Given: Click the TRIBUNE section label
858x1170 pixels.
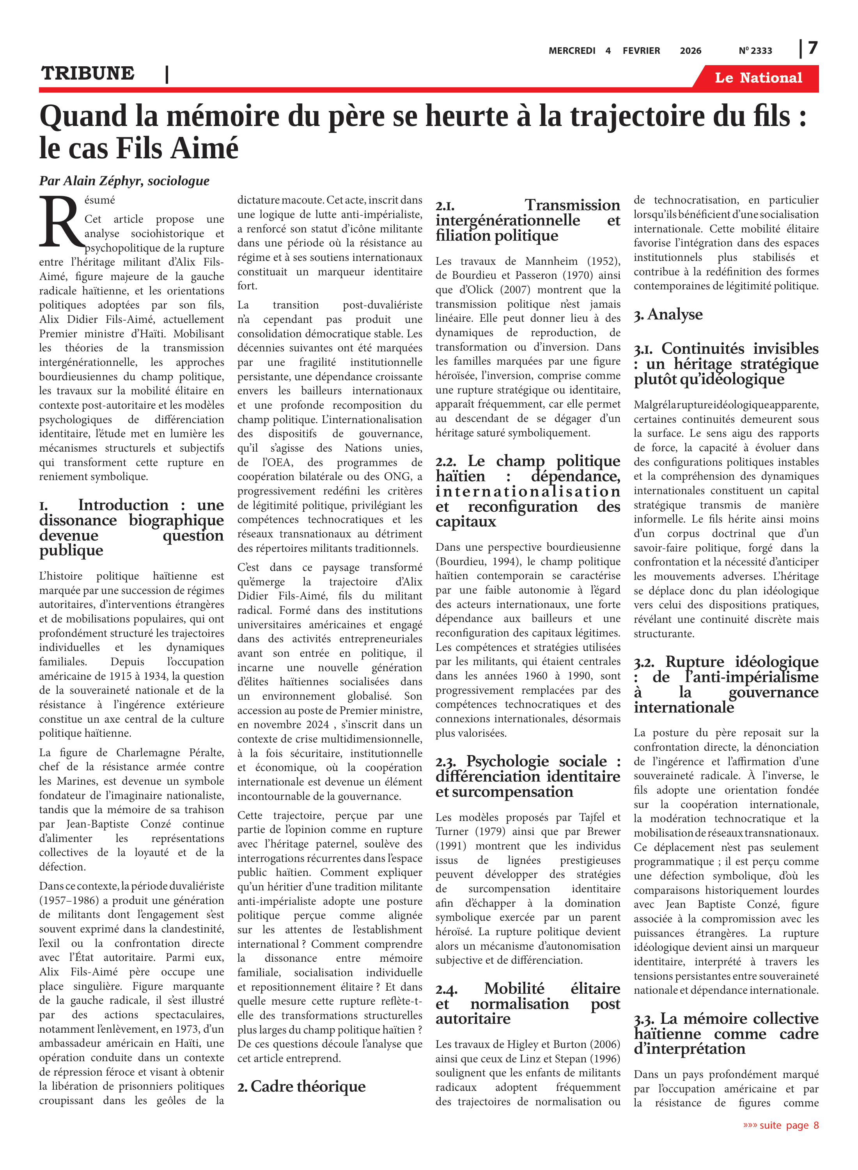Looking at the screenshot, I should click(x=88, y=73).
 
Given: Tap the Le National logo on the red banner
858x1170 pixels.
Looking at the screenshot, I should click(x=758, y=78).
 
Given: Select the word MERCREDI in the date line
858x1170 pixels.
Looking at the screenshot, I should click(x=572, y=51).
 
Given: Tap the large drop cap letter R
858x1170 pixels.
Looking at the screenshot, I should click(x=61, y=222).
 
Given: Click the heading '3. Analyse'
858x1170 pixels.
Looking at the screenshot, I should click(x=668, y=315).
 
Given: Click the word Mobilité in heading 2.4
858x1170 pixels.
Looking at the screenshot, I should click(x=514, y=988).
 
